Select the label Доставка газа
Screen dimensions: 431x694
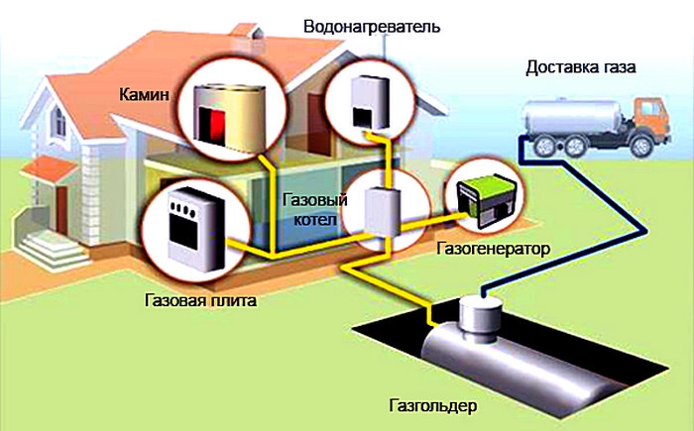tap(582, 68)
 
